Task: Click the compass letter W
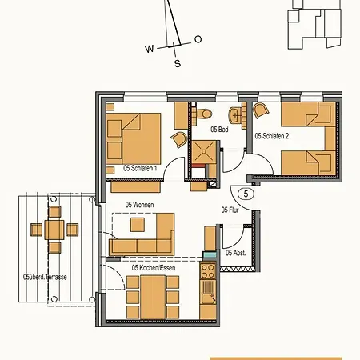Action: pos(150,49)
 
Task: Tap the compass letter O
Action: pos(198,39)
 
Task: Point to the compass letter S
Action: pos(178,63)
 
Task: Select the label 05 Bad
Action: pos(220,129)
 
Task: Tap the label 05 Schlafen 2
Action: pos(272,137)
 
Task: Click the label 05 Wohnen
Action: pos(139,205)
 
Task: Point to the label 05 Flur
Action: pos(230,210)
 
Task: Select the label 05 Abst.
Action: pos(235,254)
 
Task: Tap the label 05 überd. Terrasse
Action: pos(46,277)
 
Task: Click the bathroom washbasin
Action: pos(236,112)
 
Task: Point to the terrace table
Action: pos(54,230)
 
